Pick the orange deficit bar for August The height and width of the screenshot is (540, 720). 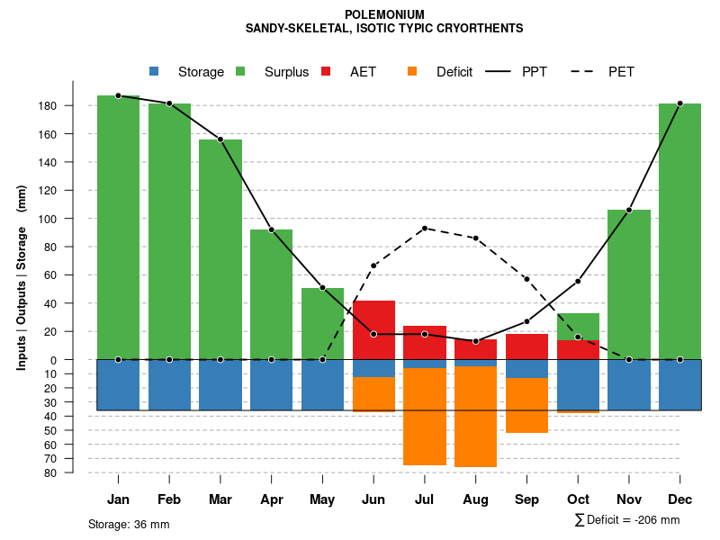(x=475, y=417)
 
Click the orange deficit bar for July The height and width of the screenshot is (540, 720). (x=425, y=417)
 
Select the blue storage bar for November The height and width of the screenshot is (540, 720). (x=629, y=384)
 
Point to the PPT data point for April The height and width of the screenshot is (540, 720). (x=271, y=229)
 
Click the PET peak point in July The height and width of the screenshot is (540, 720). (x=425, y=228)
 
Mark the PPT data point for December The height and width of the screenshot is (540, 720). (x=679, y=103)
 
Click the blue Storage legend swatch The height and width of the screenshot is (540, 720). (x=154, y=71)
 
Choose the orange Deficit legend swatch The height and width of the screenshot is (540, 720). (x=412, y=71)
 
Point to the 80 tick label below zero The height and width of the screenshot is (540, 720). (x=50, y=472)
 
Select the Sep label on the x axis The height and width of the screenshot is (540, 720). (x=526, y=499)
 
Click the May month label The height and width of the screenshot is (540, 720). (x=322, y=499)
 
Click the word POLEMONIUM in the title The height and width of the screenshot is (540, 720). (x=384, y=14)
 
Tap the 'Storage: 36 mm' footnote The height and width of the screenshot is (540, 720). (x=129, y=524)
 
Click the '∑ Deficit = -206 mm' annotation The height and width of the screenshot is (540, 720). (x=627, y=519)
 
